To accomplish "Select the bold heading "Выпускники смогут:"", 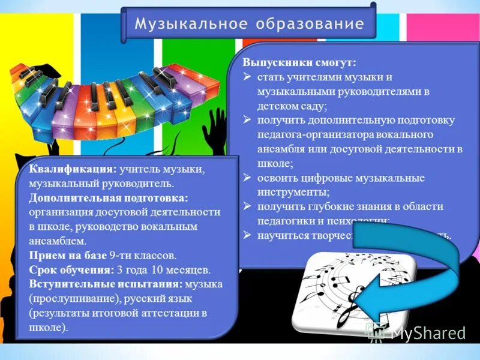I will click(299, 62).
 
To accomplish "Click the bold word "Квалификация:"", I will click(73, 170).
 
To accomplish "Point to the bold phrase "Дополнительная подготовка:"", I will click(109, 198).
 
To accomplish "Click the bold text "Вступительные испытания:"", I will click(105, 284).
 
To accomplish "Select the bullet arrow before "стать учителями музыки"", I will click(247, 78).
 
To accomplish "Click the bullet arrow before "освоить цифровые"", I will click(247, 178).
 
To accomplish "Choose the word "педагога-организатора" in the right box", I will click(307, 134).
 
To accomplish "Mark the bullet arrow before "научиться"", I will click(247, 236).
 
